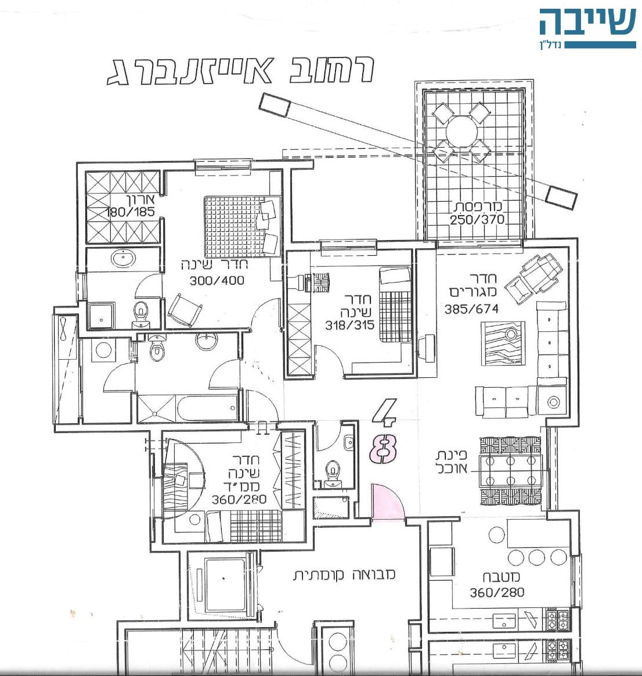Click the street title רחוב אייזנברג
coord(240,70)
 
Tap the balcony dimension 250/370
coord(477,220)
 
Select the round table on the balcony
coord(461,133)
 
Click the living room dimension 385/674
coord(471,309)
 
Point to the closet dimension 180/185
coord(129,212)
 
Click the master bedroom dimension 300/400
coord(217,281)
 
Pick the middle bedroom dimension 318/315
coord(349,325)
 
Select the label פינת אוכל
coord(451,462)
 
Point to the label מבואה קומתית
coord(344,575)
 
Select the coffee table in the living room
coord(503,343)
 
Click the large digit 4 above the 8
coord(384,411)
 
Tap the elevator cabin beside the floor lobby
coord(225,585)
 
